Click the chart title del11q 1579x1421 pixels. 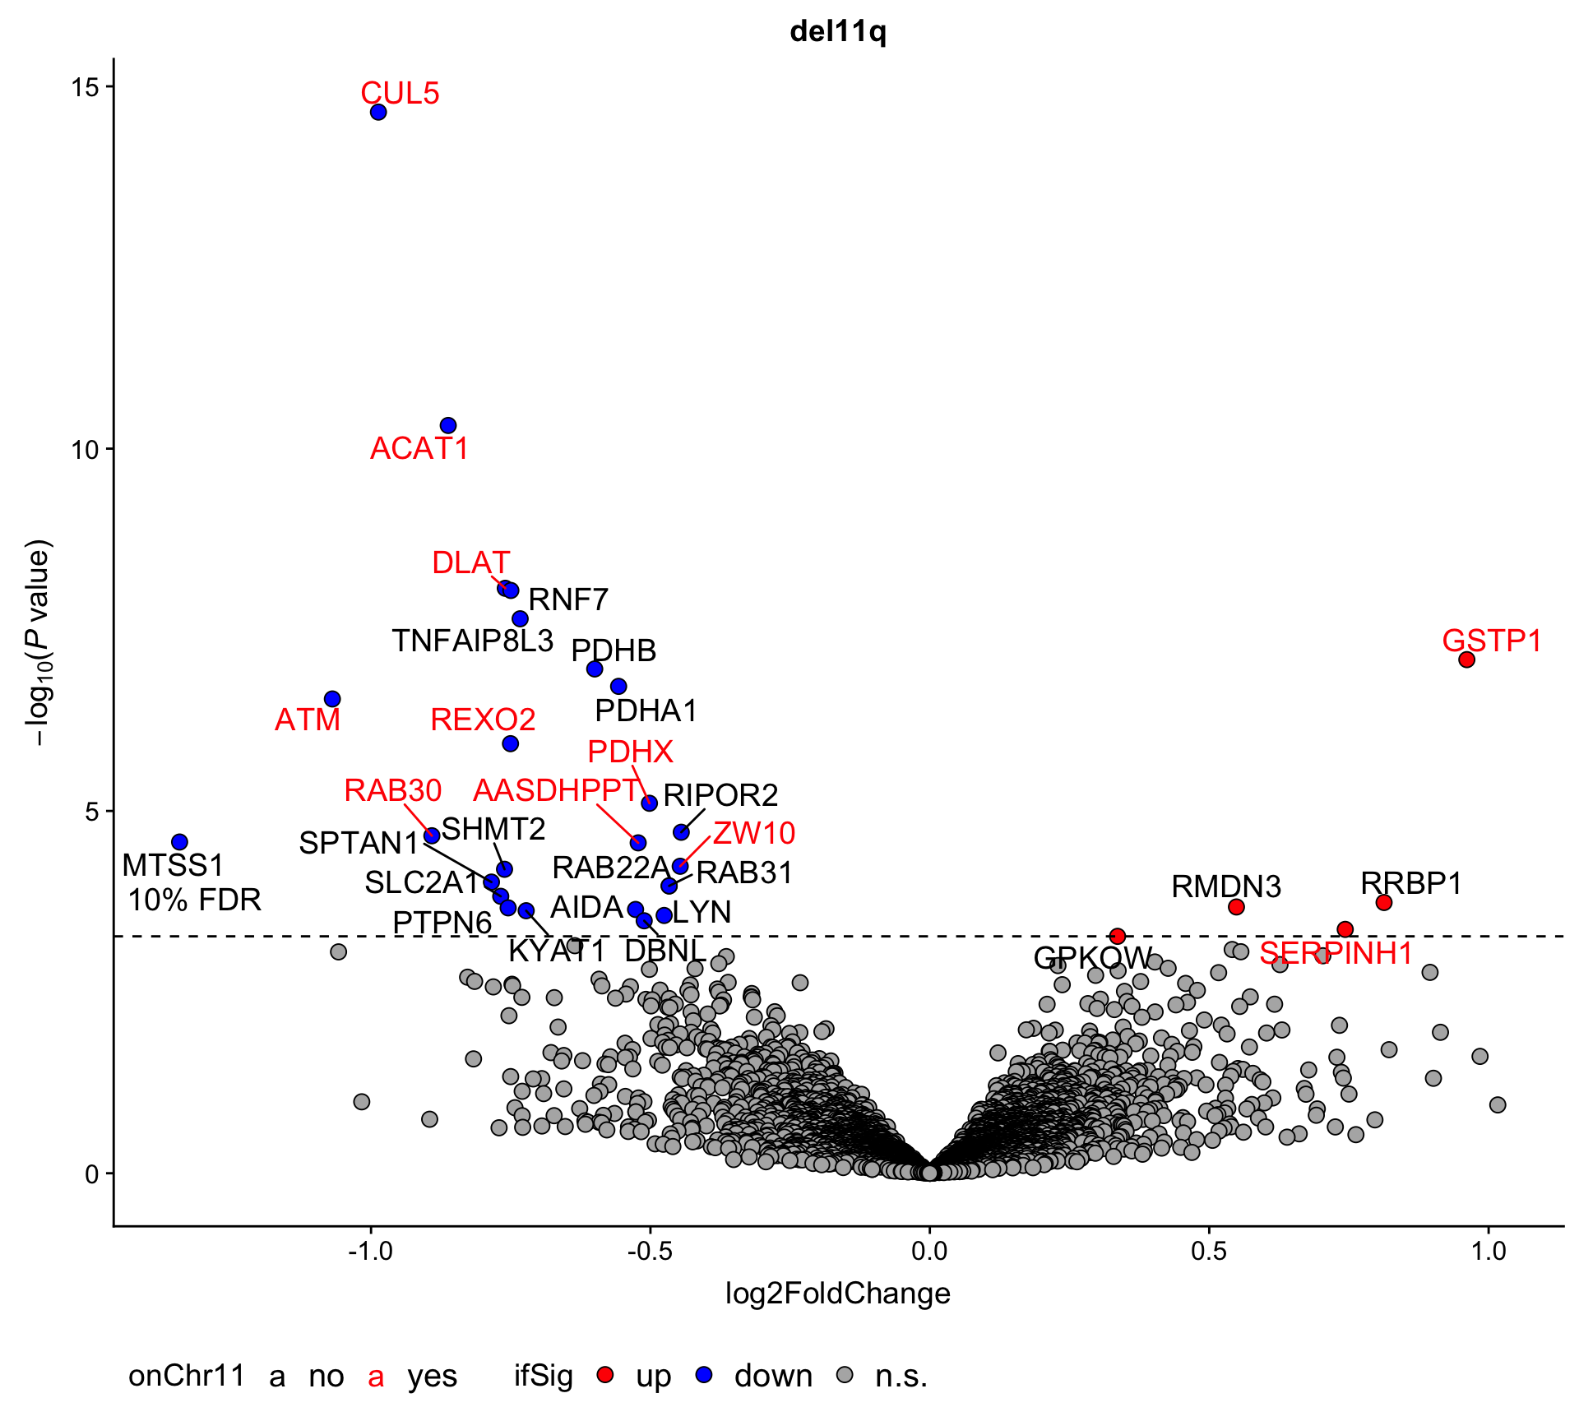coord(838,32)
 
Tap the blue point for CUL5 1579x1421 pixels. coord(378,112)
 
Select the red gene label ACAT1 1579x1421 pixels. coord(419,449)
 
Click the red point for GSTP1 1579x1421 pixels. coord(1466,660)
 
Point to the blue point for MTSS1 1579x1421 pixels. coord(179,842)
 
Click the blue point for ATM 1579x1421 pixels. coord(332,699)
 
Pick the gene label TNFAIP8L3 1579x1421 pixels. coord(472,641)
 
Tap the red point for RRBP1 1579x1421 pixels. coord(1384,903)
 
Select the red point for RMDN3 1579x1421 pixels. coord(1236,907)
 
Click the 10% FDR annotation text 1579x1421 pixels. coord(195,900)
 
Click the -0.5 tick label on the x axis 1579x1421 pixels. coord(650,1252)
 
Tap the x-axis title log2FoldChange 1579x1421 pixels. coord(837,1294)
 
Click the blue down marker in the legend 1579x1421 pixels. coord(704,1375)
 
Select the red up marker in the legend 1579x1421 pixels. coord(605,1375)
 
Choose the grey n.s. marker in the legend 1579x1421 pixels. coord(845,1375)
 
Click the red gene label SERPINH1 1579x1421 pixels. coord(1336,954)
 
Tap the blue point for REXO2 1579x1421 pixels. coord(511,743)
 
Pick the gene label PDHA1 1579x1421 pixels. coord(646,710)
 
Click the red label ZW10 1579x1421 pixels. coord(754,834)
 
